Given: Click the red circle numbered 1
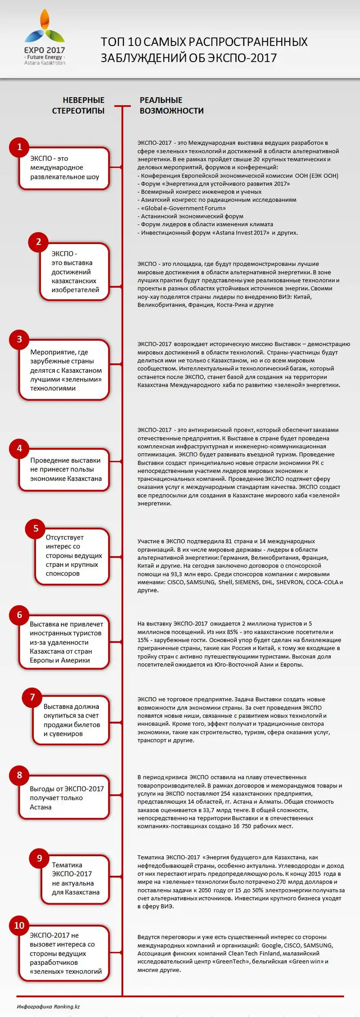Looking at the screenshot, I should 19,147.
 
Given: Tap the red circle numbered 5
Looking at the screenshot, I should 36,529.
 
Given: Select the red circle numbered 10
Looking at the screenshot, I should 19,926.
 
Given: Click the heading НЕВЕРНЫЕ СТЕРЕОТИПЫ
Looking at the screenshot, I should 78,105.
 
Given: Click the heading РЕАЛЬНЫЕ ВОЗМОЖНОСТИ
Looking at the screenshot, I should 171,105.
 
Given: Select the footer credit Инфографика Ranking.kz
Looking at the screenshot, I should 48,1007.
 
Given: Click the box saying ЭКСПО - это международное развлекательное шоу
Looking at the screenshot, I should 64,168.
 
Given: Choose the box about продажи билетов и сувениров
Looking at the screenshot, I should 71,720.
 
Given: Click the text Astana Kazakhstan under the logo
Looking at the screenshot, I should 45,63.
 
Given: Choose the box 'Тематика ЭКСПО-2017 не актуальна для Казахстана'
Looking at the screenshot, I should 75,879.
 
